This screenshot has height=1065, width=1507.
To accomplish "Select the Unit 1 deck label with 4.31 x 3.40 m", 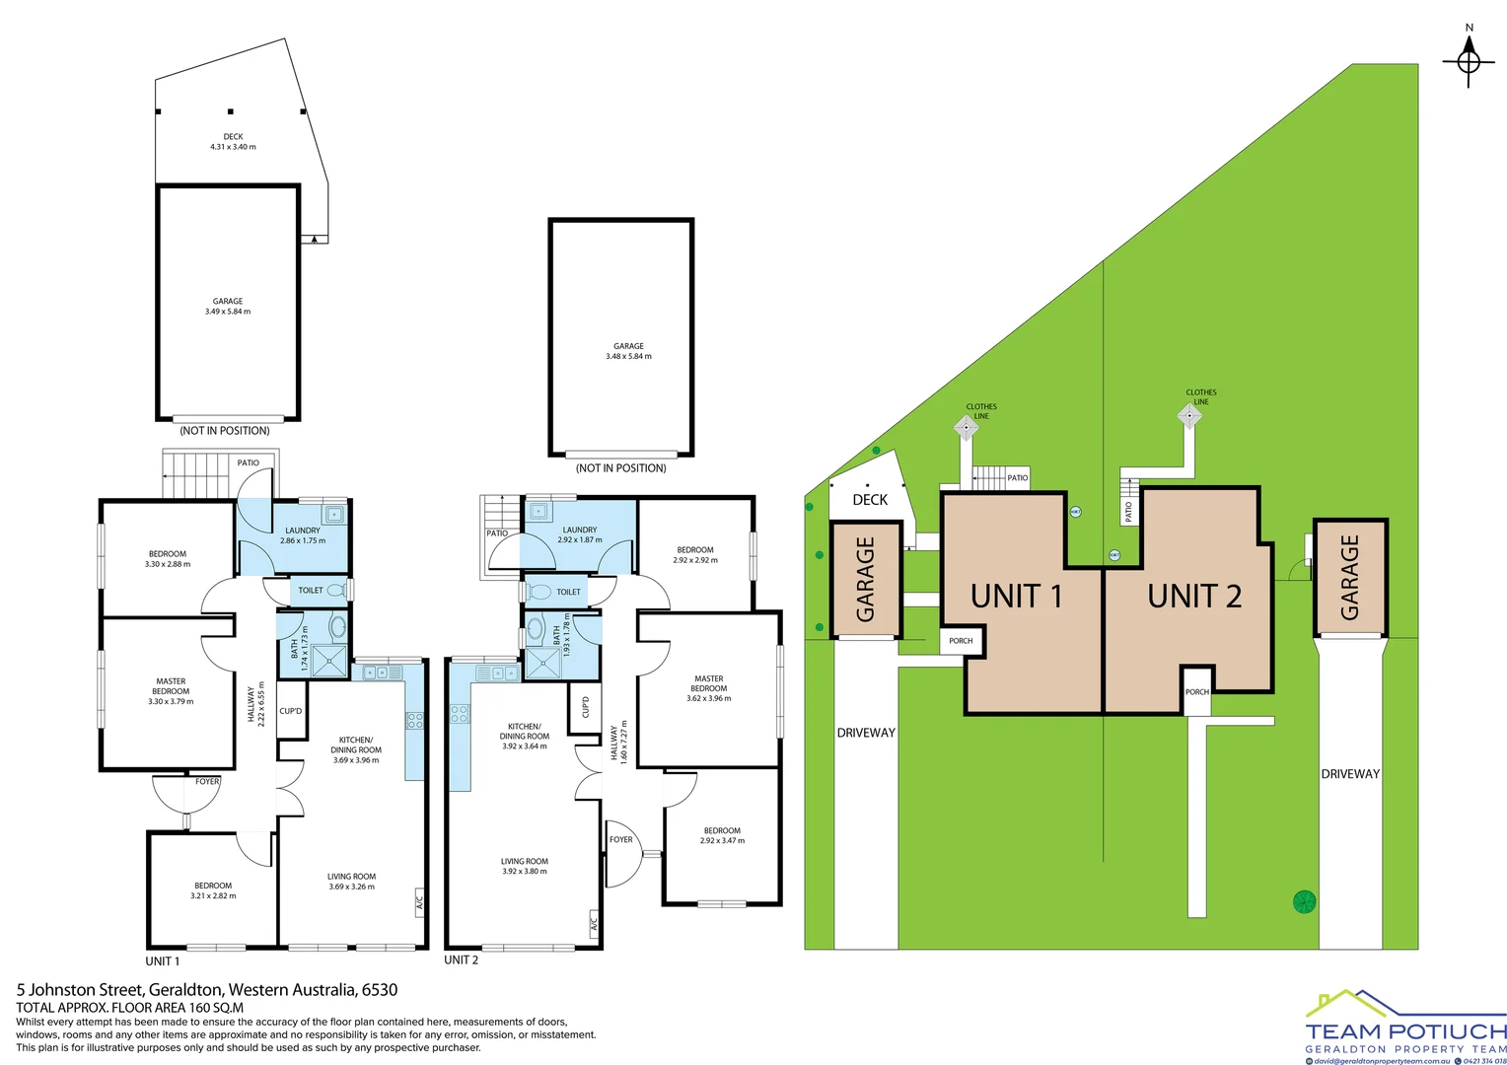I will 233,142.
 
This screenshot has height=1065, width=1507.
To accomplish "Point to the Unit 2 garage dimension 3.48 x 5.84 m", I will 628,356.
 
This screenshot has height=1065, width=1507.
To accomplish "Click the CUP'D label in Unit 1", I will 291,711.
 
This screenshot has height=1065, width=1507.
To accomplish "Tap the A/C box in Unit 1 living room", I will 419,900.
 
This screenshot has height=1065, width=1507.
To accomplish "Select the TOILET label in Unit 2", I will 568,592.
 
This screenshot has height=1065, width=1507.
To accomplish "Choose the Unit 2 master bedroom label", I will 708,688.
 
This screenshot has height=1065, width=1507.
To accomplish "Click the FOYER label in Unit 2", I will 620,840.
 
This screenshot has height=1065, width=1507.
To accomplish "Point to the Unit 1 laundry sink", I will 334,514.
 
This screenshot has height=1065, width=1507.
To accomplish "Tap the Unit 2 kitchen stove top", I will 460,713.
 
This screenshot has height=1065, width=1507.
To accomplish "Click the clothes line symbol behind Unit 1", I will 966,427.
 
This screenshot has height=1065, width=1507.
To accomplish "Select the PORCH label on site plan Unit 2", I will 1197,692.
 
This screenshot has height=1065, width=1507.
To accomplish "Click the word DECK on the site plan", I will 870,500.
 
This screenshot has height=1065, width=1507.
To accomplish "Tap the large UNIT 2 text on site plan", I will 1194,597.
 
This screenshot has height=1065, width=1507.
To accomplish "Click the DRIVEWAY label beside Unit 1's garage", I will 866,733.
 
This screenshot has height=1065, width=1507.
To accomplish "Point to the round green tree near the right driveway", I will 1305,901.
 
